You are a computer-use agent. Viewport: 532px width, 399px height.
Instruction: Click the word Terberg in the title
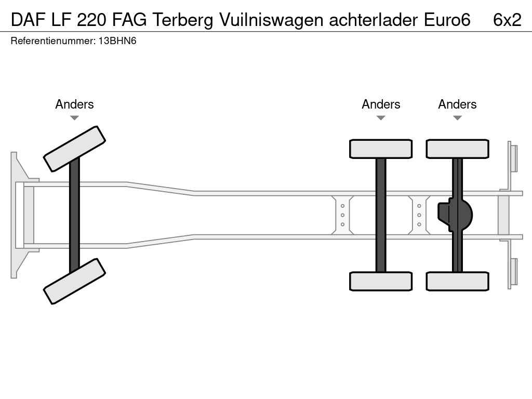click(x=183, y=20)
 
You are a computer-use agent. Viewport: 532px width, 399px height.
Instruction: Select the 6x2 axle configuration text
click(x=507, y=20)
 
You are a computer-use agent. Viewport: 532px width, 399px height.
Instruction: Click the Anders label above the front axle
click(x=74, y=104)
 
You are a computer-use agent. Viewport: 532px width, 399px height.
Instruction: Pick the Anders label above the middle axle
click(x=381, y=104)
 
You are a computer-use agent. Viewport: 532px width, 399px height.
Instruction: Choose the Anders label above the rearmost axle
click(x=457, y=104)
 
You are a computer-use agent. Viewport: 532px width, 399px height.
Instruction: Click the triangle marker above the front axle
click(x=74, y=118)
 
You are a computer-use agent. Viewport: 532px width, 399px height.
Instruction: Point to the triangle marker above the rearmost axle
click(x=457, y=118)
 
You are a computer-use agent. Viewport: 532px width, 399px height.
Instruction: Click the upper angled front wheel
click(x=74, y=149)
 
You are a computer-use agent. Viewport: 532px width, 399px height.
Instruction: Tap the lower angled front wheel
click(x=74, y=281)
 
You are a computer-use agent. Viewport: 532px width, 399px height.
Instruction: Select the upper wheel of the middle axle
click(x=381, y=149)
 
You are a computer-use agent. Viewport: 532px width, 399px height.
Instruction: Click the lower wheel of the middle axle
click(x=381, y=281)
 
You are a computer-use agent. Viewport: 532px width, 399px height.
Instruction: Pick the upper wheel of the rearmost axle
click(x=457, y=149)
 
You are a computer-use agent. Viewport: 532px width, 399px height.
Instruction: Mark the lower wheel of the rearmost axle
click(x=457, y=281)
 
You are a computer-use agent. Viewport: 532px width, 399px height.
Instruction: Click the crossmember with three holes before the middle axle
click(x=343, y=215)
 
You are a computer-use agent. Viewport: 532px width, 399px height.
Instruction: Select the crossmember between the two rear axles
click(x=419, y=215)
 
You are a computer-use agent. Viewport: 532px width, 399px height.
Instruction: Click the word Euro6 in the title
click(x=447, y=20)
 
